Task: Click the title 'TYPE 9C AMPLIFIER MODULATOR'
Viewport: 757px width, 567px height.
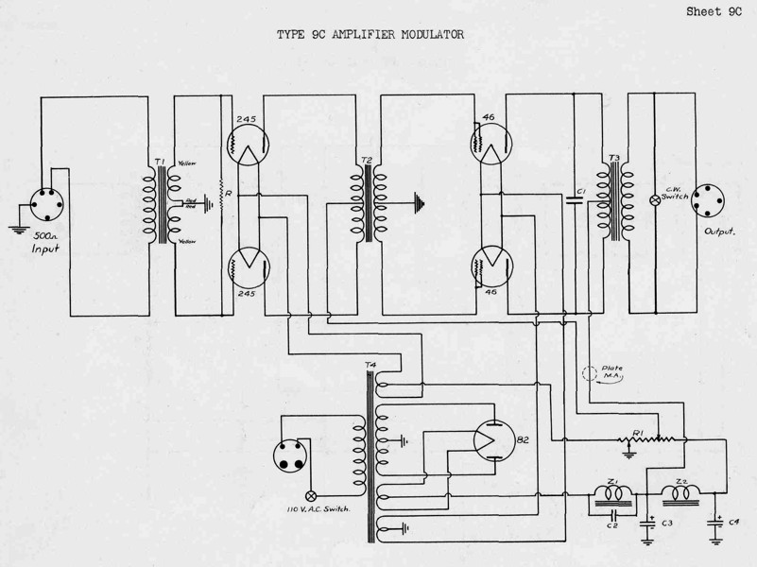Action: tap(370, 35)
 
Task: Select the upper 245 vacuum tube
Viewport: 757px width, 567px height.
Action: tap(248, 145)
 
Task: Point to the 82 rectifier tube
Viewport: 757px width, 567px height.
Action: tap(494, 438)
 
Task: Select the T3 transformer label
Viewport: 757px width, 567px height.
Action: tap(613, 158)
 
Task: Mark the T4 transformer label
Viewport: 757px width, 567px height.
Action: tap(369, 366)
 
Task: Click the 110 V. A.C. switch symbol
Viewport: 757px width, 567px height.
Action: tap(311, 495)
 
